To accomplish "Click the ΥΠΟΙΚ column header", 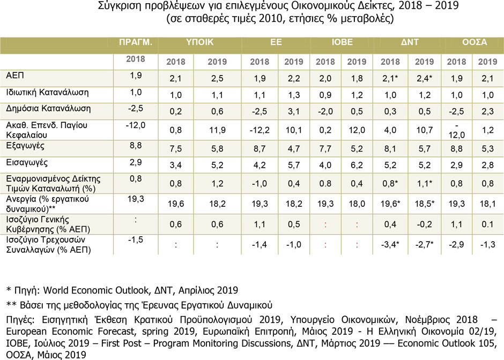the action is tap(199, 42).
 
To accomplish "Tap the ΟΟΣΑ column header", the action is tap(475, 42).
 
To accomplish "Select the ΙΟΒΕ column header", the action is tap(342, 42).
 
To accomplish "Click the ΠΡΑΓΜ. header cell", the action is tap(135, 42).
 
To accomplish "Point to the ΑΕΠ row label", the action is tap(15, 76).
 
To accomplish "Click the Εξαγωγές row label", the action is tap(25, 146).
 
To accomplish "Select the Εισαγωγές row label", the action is tap(27, 162).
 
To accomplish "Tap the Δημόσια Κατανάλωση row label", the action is tap(48, 109).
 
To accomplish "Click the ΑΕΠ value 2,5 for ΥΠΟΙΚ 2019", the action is tap(217, 78).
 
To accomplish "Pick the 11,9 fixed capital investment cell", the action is tap(217, 130).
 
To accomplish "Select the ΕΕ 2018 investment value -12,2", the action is tap(260, 130).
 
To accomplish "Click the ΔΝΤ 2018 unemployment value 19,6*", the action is tap(390, 204).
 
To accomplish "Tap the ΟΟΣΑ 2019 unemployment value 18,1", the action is tap(487, 204).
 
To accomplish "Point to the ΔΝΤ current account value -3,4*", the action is tap(390, 244).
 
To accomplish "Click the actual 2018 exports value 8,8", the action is tap(136, 146).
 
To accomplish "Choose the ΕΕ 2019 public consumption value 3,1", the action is tap(294, 111).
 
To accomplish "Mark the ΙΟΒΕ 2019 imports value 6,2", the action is tap(357, 165).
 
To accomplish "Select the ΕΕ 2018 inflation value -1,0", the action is tap(260, 183).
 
